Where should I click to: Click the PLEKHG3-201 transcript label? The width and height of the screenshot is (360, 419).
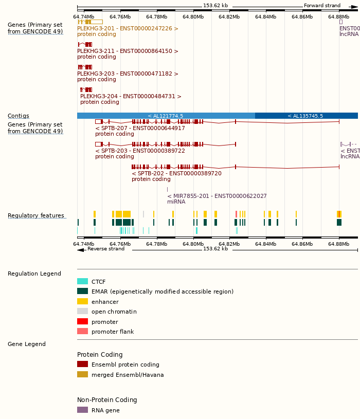pos(128,28)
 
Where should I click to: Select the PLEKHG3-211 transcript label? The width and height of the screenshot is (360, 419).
pos(128,51)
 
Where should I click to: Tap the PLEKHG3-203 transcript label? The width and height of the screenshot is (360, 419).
pos(128,74)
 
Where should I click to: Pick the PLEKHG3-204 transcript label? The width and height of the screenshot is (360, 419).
pos(131,96)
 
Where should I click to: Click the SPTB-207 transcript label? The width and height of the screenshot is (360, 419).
pos(140,128)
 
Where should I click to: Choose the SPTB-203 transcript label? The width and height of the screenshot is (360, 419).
pos(140,151)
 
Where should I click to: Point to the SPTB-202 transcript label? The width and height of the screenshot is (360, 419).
pos(176,173)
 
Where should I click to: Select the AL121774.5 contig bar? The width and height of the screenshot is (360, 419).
pos(166,116)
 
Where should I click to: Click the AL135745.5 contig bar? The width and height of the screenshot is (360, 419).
pos(305,116)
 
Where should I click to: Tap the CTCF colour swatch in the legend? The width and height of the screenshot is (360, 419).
pos(82,281)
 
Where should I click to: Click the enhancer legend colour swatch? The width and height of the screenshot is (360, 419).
pos(82,301)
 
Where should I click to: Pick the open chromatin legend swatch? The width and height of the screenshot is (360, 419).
pos(82,311)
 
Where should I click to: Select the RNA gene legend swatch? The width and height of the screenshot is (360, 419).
pos(82,410)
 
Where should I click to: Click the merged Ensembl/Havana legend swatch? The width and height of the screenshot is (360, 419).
pos(82,374)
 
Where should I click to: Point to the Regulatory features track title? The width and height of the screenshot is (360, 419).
pos(36,215)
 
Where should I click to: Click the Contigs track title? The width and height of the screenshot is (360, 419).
pos(19,116)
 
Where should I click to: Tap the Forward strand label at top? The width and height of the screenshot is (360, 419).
pos(322,6)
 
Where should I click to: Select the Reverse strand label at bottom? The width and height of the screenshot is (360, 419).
pos(105,249)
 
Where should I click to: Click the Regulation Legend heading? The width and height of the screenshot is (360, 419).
pos(34,274)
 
